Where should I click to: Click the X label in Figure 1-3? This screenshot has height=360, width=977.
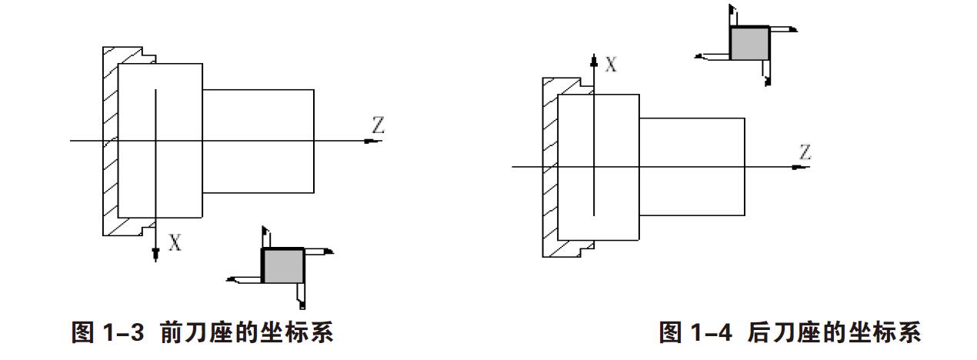pyautogui.click(x=175, y=244)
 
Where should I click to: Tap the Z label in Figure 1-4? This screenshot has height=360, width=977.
pyautogui.click(x=805, y=152)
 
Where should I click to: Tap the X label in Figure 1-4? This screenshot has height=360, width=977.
pyautogui.click(x=611, y=65)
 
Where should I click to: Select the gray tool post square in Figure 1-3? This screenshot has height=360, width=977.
pyautogui.click(x=284, y=265)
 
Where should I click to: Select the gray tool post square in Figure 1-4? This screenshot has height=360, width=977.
pyautogui.click(x=749, y=43)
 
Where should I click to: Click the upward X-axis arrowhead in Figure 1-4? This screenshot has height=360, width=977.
pyautogui.click(x=593, y=60)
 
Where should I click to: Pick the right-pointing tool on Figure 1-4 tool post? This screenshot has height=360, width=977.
pyautogui.click(x=782, y=29)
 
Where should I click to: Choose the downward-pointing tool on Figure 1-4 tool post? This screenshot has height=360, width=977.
pyautogui.click(x=766, y=72)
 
